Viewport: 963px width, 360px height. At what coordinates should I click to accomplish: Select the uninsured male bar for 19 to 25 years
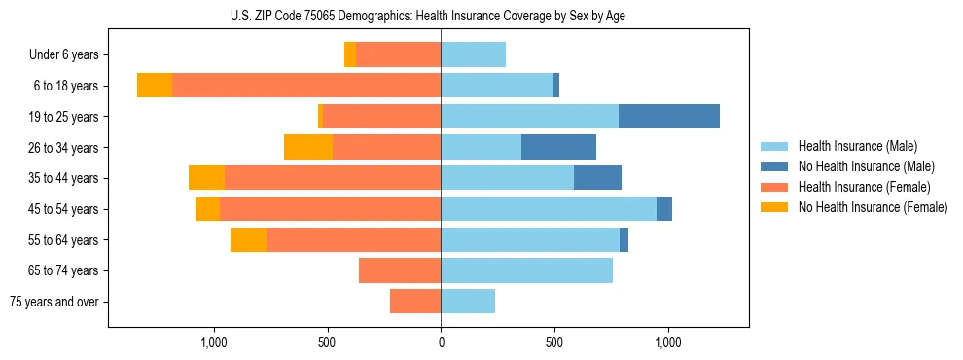pyautogui.click(x=669, y=117)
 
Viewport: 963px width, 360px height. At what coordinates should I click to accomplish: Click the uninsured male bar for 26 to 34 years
pyautogui.click(x=558, y=147)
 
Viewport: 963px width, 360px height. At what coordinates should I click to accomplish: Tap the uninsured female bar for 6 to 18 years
pyautogui.click(x=155, y=86)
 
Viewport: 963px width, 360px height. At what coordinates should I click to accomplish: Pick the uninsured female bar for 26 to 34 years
pyautogui.click(x=308, y=147)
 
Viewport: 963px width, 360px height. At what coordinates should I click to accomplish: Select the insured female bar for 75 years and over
pyautogui.click(x=415, y=302)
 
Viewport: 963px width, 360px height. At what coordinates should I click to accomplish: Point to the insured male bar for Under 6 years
pyautogui.click(x=473, y=54)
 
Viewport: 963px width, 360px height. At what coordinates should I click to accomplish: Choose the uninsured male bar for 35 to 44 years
pyautogui.click(x=597, y=178)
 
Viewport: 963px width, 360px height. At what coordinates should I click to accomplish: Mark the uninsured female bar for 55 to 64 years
pyautogui.click(x=248, y=239)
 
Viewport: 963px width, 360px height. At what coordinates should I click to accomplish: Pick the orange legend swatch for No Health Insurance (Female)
pyautogui.click(x=775, y=207)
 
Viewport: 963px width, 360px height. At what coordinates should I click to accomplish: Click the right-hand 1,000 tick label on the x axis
pyautogui.click(x=668, y=342)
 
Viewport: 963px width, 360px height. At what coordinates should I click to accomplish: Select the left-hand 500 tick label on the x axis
pyautogui.click(x=327, y=342)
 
